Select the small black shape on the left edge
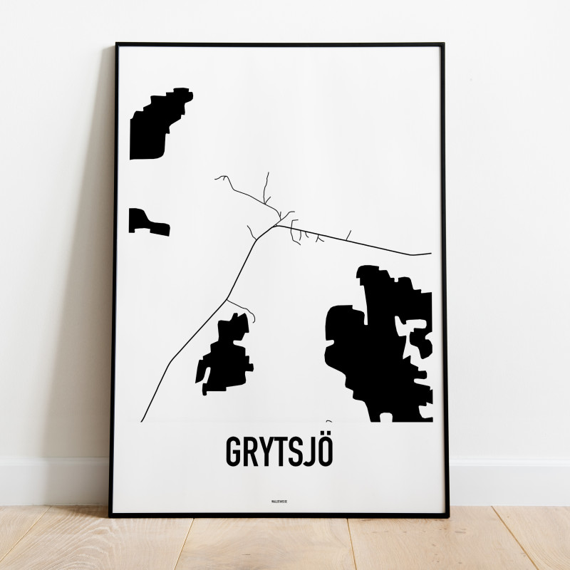tap(146, 222)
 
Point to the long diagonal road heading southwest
tap(199, 328)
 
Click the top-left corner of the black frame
tap(117, 45)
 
